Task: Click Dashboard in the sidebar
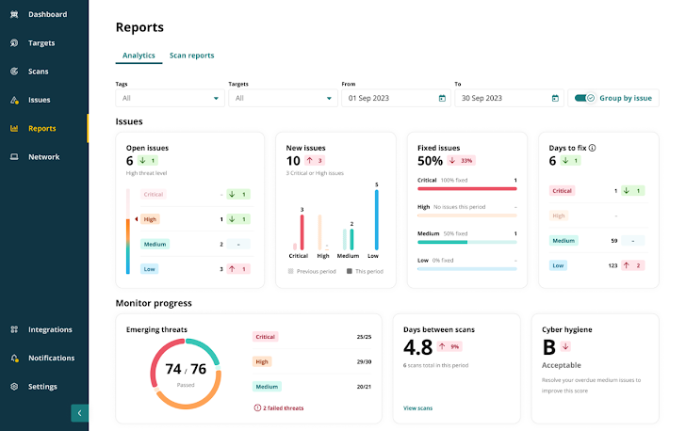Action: coord(47,14)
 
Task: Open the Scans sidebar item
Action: coord(38,72)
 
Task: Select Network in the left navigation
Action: coord(43,157)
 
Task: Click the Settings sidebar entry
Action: coord(42,387)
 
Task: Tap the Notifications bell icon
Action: coord(15,359)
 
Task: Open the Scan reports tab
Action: coord(191,56)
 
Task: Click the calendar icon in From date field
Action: coord(442,98)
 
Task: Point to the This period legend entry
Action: coord(367,271)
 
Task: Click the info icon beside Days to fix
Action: coord(592,148)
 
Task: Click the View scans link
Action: coord(417,408)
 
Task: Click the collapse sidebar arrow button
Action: coord(80,412)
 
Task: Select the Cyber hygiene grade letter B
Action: coord(548,347)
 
